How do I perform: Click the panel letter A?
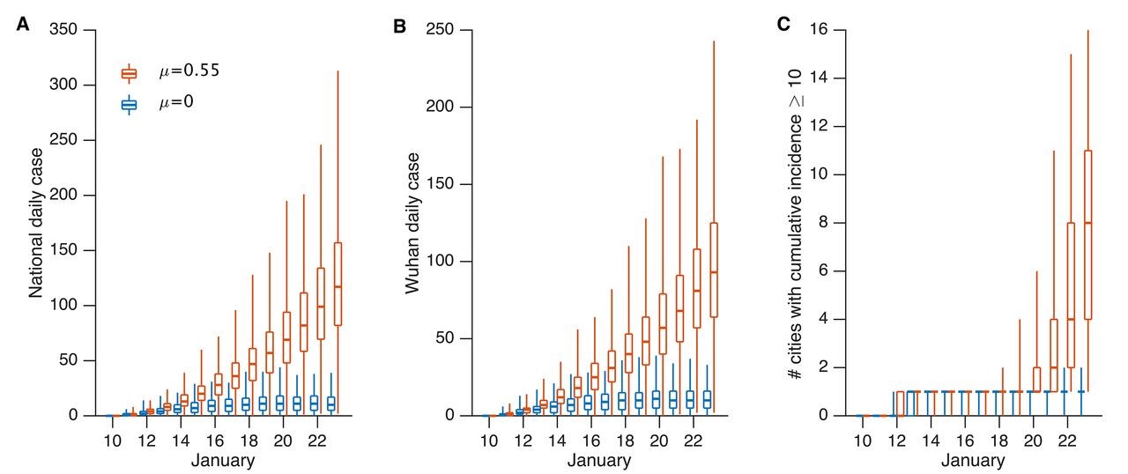click(23, 25)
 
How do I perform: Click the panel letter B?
click(399, 25)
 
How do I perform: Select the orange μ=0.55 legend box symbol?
click(130, 73)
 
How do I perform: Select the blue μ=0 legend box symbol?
click(130, 105)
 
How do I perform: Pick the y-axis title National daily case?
click(38, 223)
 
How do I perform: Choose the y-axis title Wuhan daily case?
click(413, 223)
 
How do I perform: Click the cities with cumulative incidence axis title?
click(796, 223)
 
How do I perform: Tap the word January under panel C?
click(973, 460)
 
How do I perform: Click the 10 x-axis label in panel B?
click(489, 439)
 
